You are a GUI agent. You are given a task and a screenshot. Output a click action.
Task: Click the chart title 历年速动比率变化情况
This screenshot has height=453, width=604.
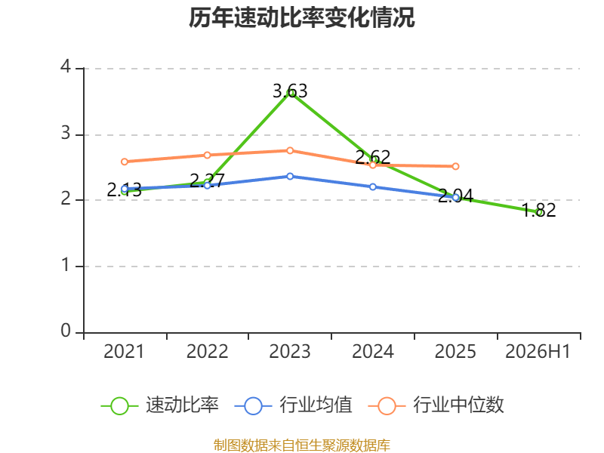pyautogui.click(x=301, y=17)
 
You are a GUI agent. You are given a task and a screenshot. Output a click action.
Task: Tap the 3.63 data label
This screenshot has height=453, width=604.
pyautogui.click(x=290, y=91)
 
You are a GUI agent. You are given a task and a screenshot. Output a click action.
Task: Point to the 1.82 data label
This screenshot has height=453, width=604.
pyautogui.click(x=539, y=210)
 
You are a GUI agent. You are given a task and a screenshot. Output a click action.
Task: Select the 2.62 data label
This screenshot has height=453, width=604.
pyautogui.click(x=372, y=157)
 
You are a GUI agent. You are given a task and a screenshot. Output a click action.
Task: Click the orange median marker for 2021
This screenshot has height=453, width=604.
pyautogui.click(x=125, y=162)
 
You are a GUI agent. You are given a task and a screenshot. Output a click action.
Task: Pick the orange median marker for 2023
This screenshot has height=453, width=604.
pyautogui.click(x=290, y=150)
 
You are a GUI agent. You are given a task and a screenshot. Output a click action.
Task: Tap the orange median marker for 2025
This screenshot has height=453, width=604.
pyautogui.click(x=455, y=166)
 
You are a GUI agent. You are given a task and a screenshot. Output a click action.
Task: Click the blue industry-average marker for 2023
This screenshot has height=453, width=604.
pyautogui.click(x=290, y=177)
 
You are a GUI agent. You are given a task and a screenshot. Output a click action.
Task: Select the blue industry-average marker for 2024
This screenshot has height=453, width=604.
pyautogui.click(x=373, y=186)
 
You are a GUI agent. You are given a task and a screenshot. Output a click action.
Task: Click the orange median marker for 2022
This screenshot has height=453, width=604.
pyautogui.click(x=207, y=156)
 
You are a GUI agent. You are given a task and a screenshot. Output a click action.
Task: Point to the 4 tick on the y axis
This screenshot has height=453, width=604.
pyautogui.click(x=66, y=67)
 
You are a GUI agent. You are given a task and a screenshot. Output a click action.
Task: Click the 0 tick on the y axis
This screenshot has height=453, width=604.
pyautogui.click(x=66, y=331)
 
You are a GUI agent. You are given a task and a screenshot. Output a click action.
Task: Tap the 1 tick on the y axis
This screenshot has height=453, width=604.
pyautogui.click(x=66, y=266)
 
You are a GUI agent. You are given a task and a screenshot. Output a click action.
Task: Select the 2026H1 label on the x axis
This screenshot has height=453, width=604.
pyautogui.click(x=538, y=352)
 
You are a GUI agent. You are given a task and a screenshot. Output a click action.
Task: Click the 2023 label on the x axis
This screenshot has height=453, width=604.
pyautogui.click(x=290, y=352)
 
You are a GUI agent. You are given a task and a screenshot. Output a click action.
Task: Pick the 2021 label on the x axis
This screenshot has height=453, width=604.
pyautogui.click(x=124, y=352)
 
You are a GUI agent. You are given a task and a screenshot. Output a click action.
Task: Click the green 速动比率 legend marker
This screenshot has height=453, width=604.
pyautogui.click(x=119, y=406)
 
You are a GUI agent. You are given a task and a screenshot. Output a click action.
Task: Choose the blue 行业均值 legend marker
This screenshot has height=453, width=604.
pyautogui.click(x=253, y=406)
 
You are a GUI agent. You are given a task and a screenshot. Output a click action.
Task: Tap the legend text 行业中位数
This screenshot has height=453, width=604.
pyautogui.click(x=458, y=405)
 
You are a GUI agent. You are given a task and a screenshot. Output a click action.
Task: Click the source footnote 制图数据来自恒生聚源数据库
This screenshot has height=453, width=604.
pyautogui.click(x=302, y=445)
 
